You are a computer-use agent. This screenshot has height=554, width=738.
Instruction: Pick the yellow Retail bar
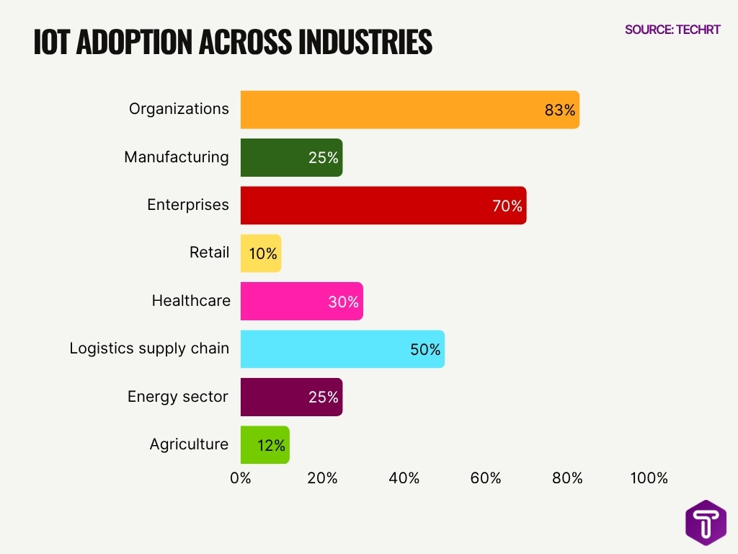click(260, 253)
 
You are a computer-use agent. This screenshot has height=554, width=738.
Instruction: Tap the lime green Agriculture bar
click(264, 445)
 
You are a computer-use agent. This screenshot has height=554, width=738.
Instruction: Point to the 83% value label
click(560, 110)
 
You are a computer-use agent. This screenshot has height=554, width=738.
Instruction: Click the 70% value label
click(507, 206)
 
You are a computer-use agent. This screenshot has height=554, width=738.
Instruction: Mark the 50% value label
click(425, 350)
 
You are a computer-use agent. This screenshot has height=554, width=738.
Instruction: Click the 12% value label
click(272, 446)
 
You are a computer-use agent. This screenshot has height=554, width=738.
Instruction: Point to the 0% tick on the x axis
click(241, 478)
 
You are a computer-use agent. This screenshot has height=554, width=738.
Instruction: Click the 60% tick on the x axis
click(486, 478)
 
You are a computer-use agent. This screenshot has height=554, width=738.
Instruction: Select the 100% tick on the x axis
click(649, 478)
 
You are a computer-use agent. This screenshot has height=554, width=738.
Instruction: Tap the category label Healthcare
click(191, 301)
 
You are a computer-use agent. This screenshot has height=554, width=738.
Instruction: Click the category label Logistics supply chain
click(149, 348)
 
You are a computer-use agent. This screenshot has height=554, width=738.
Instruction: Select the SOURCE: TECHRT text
click(672, 30)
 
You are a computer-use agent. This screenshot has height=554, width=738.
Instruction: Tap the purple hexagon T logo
click(706, 522)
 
